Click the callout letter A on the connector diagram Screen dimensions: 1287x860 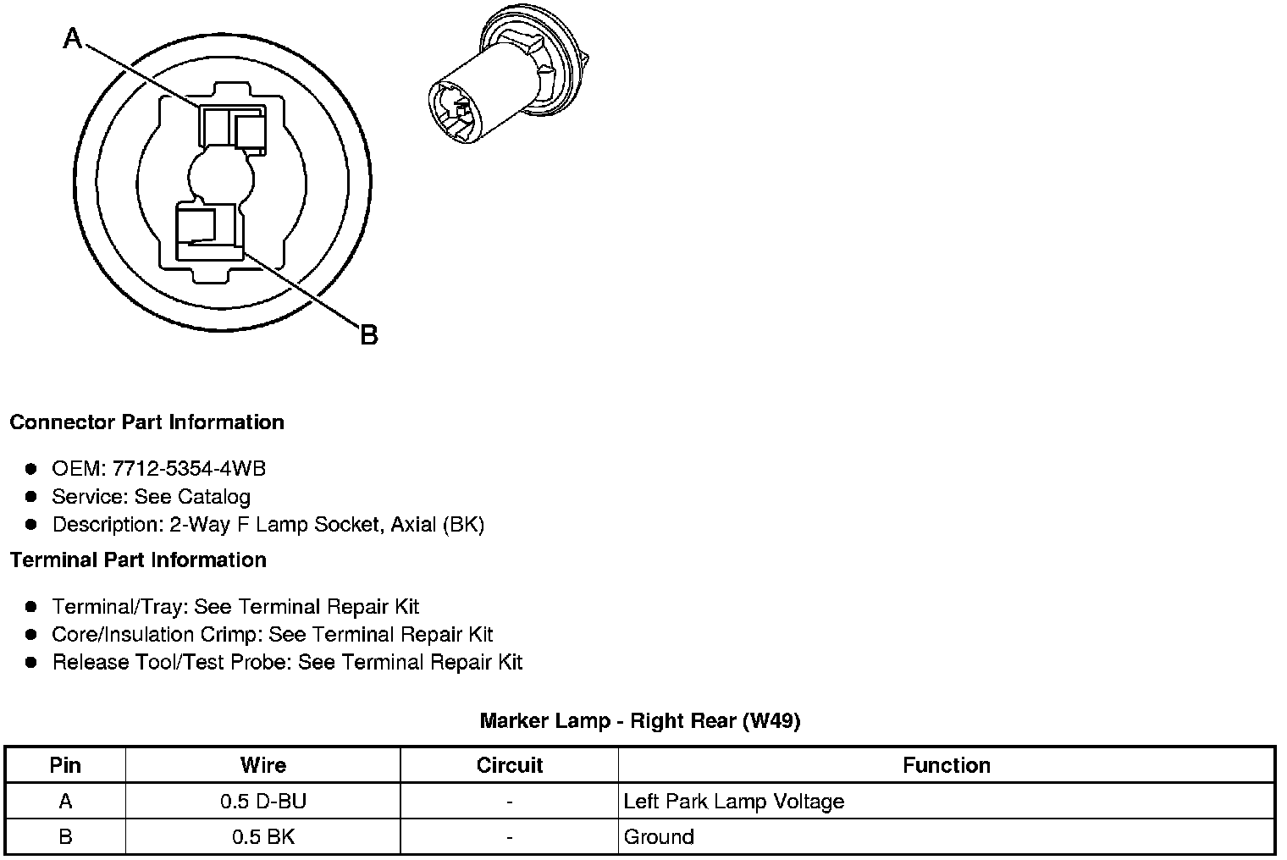click(74, 38)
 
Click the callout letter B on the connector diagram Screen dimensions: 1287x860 click(368, 335)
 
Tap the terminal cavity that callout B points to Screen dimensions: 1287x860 click(207, 231)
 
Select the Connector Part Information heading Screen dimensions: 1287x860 click(146, 422)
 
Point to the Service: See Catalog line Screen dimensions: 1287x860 click(151, 496)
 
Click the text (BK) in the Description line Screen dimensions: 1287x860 click(463, 524)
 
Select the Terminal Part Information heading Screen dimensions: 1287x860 click(138, 560)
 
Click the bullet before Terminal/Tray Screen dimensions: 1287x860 click(31, 607)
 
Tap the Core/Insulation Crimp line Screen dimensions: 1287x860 click(272, 634)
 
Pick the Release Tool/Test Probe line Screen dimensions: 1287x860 click(287, 662)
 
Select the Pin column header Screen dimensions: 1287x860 click(65, 765)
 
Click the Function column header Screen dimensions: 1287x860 click(946, 765)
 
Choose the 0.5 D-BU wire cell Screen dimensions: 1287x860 click(262, 801)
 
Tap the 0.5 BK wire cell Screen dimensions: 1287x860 click(262, 837)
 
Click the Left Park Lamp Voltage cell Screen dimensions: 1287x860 click(734, 801)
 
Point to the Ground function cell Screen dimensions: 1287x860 click(659, 837)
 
